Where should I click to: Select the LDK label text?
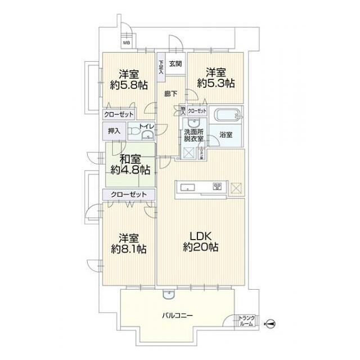[200, 236]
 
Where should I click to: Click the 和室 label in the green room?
[129, 158]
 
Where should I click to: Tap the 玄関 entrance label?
[175, 63]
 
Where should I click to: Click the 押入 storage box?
[114, 131]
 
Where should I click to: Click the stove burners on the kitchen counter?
[217, 187]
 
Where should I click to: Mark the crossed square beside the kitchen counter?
[236, 188]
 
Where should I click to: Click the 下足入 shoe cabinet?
[161, 67]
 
